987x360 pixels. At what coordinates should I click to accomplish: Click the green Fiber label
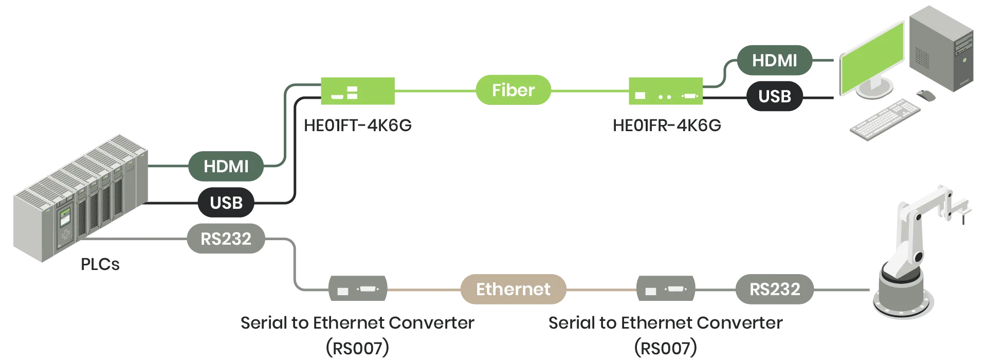click(x=513, y=91)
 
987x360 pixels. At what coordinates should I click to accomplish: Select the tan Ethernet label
click(x=513, y=289)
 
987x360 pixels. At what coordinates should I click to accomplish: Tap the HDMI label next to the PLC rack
click(x=226, y=167)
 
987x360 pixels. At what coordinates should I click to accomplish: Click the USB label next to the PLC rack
click(x=226, y=203)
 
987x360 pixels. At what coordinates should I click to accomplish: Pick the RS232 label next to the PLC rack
click(x=226, y=239)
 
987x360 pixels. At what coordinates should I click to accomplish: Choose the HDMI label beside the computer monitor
click(x=774, y=61)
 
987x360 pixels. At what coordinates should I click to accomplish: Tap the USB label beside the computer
click(x=774, y=96)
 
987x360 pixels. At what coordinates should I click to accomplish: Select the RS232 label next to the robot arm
click(x=774, y=289)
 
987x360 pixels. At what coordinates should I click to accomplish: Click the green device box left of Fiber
click(x=357, y=91)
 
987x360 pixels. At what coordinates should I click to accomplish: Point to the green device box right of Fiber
click(x=664, y=91)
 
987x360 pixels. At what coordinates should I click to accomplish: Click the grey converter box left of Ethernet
click(x=357, y=290)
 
